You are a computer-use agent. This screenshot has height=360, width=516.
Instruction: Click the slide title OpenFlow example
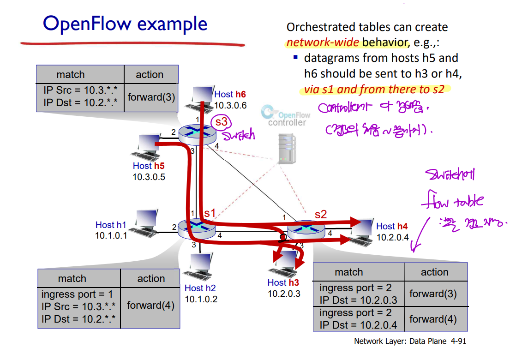click(x=125, y=24)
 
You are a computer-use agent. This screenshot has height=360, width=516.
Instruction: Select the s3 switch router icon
click(x=197, y=133)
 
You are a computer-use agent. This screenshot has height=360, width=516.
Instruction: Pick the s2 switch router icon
click(x=306, y=229)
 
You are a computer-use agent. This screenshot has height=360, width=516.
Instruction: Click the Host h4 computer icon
click(x=362, y=229)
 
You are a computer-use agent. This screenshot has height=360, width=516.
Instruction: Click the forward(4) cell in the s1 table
click(x=150, y=305)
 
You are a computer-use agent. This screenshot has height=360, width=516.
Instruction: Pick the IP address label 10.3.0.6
click(x=230, y=105)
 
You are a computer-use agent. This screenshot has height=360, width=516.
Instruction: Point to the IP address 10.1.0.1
click(x=111, y=235)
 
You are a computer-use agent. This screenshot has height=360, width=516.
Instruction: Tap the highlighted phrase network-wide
click(x=322, y=43)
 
